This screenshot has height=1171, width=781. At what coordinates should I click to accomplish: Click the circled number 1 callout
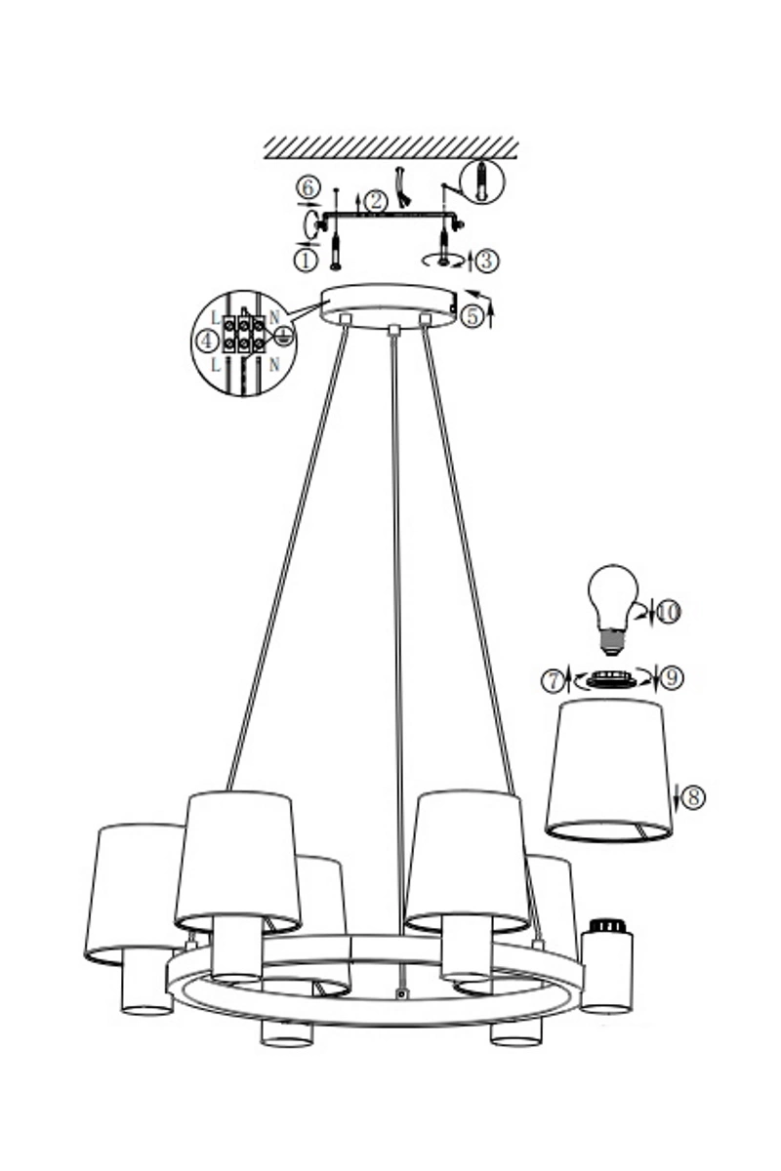click(307, 261)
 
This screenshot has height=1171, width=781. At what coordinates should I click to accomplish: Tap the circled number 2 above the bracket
click(376, 202)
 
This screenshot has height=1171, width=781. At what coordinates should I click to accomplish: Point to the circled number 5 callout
click(473, 316)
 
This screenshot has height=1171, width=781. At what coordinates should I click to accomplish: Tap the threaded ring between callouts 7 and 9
click(609, 679)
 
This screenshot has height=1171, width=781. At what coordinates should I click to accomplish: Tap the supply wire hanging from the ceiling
click(402, 186)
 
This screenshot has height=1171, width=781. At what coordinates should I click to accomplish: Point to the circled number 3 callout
click(487, 261)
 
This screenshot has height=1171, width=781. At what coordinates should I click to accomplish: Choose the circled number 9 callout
click(673, 678)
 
